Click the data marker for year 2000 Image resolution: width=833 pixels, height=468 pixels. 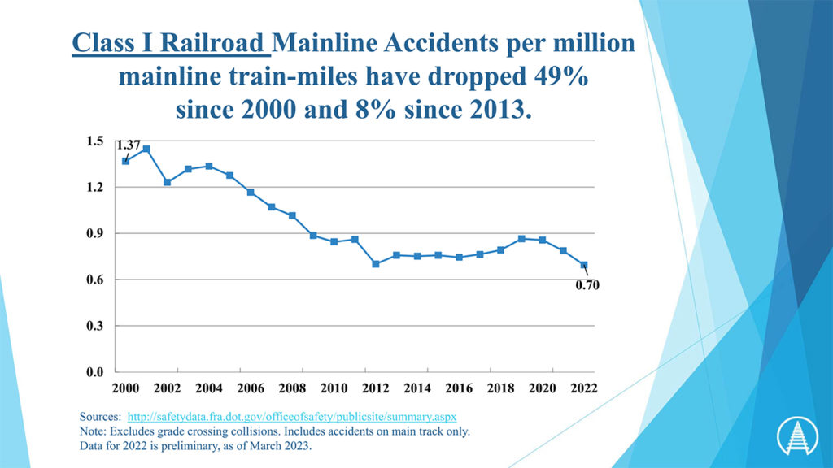click(125, 161)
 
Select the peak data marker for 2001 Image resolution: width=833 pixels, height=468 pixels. click(146, 149)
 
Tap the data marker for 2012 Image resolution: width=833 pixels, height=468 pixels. click(376, 264)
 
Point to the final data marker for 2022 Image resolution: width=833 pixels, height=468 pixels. click(584, 265)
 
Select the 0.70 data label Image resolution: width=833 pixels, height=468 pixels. click(587, 285)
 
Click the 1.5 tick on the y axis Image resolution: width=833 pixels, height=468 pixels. click(95, 141)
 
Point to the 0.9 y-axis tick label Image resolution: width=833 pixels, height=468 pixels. click(95, 233)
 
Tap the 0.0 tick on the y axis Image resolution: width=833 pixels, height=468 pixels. click(95, 373)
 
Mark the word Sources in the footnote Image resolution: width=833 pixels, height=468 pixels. click(101, 416)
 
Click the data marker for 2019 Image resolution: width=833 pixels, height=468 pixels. click(521, 239)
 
